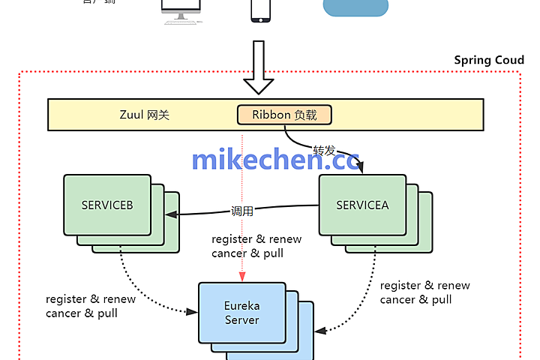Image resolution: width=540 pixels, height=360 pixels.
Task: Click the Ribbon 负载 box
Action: [284, 115]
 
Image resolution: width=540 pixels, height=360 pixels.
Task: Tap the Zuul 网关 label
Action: [145, 115]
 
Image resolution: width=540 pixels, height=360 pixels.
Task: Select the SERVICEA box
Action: [362, 205]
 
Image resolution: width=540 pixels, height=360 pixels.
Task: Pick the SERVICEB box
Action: [107, 205]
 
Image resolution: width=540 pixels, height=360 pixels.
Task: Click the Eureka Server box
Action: [241, 313]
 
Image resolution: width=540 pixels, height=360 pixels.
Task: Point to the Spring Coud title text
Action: [489, 60]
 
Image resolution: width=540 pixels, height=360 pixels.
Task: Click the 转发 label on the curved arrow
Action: [324, 150]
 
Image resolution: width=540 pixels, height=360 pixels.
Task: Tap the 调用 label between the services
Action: [242, 211]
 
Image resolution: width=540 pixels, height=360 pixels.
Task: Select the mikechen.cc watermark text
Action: [275, 160]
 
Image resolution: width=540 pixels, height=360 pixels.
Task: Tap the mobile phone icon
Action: [260, 9]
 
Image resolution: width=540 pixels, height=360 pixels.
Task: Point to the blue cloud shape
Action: [355, 7]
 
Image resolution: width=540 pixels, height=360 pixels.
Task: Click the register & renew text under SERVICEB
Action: [91, 298]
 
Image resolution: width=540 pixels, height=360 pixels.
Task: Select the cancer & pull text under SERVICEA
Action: [415, 299]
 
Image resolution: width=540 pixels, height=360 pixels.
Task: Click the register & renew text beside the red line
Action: [256, 239]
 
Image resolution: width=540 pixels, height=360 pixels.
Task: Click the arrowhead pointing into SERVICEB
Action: [170, 214]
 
